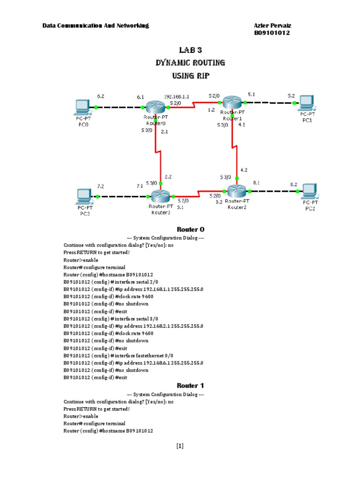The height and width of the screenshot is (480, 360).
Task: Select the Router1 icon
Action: point(232,101)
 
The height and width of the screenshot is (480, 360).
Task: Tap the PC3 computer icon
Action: point(84,195)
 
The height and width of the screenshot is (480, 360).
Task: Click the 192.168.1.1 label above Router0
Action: point(176,96)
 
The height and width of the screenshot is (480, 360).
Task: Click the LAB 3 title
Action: point(190,50)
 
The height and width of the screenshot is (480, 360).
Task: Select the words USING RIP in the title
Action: point(190,75)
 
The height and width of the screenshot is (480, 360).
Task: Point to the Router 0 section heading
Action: point(190,230)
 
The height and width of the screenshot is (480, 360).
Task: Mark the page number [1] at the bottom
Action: point(180,446)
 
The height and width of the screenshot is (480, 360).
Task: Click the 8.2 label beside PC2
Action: point(293,185)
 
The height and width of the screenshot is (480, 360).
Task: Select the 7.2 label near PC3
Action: point(101,186)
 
